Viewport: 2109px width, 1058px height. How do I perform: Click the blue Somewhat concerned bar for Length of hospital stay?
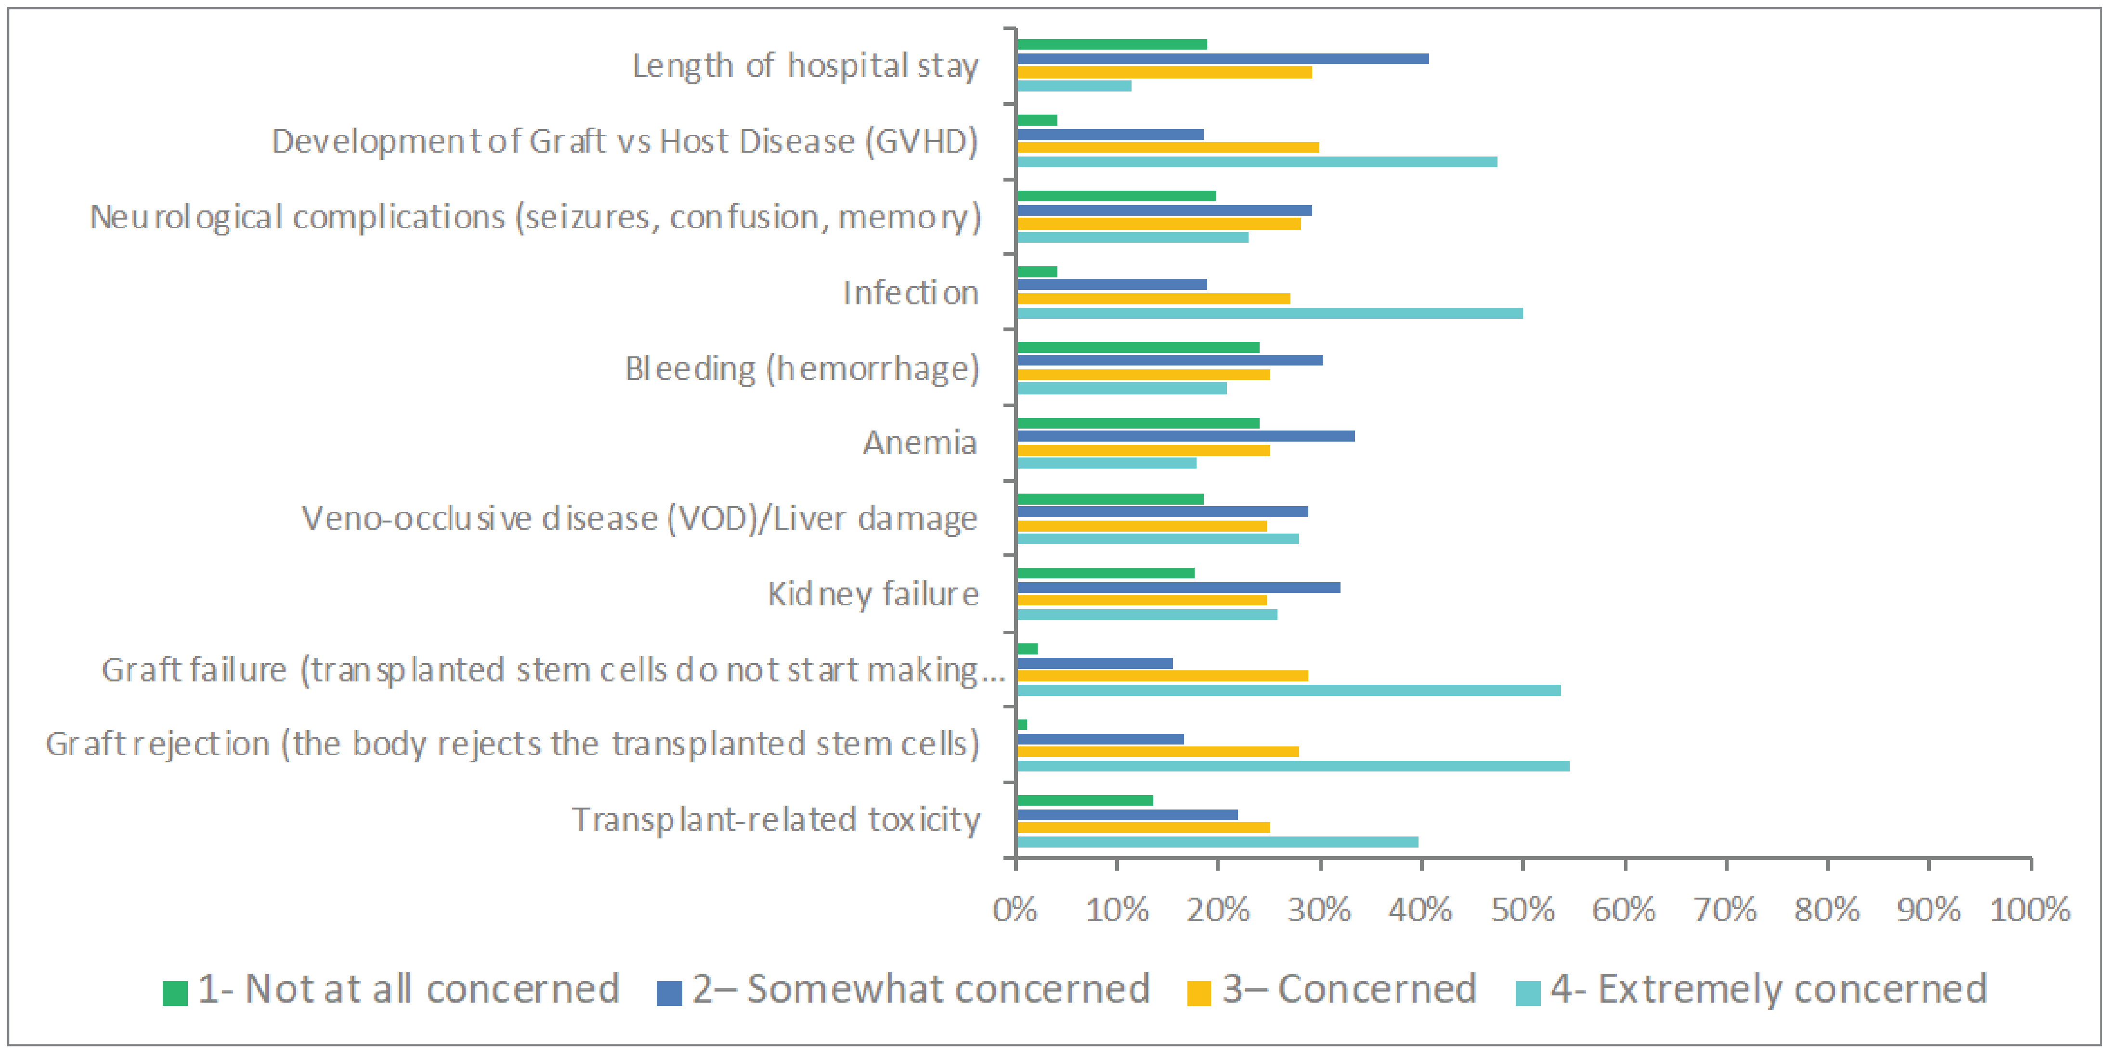click(1223, 59)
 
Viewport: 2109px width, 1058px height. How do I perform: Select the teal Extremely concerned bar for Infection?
click(1269, 313)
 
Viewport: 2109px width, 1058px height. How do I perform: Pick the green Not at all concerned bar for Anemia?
click(1138, 423)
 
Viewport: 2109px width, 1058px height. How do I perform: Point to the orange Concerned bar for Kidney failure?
click(1141, 600)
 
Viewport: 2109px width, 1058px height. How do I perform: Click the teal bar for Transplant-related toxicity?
click(1217, 842)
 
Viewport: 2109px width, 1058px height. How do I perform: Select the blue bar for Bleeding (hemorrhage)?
click(1169, 360)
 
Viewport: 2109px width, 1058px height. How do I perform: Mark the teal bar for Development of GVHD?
click(1257, 161)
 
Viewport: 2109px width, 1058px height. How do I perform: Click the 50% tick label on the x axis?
click(1522, 910)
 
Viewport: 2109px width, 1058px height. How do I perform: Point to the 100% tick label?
click(2030, 910)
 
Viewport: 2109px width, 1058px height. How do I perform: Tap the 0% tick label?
click(1015, 910)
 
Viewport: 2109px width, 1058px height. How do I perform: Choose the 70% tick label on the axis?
click(1725, 910)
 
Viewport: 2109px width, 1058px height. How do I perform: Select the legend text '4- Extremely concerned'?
click(1769, 989)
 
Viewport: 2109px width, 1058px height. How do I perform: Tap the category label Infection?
click(911, 292)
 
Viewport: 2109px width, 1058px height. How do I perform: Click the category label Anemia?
click(920, 442)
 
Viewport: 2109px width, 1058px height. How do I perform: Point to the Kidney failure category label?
click(873, 594)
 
